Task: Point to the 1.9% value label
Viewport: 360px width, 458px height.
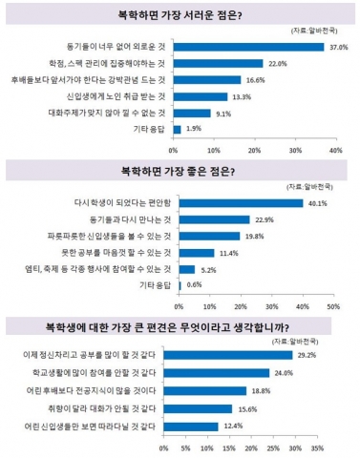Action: (194, 128)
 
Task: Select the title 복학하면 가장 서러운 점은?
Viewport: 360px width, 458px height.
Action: (180, 15)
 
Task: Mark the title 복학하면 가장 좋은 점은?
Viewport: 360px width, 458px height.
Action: (180, 173)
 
